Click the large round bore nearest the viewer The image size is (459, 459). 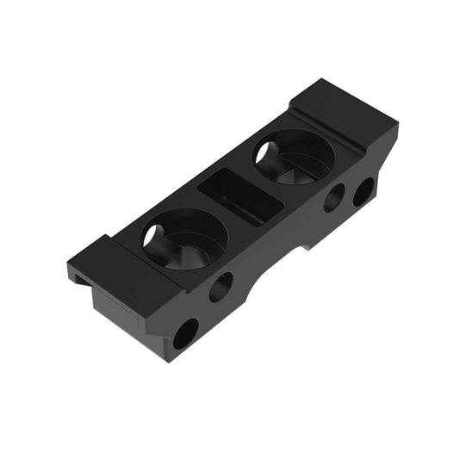(184, 239)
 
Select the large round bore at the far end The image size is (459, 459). (294, 157)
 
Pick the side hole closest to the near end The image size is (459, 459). (185, 333)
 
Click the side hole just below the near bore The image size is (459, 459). (220, 286)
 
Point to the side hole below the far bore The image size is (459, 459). (334, 198)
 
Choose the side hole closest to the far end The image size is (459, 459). (363, 191)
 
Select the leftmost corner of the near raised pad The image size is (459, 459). (66, 263)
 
